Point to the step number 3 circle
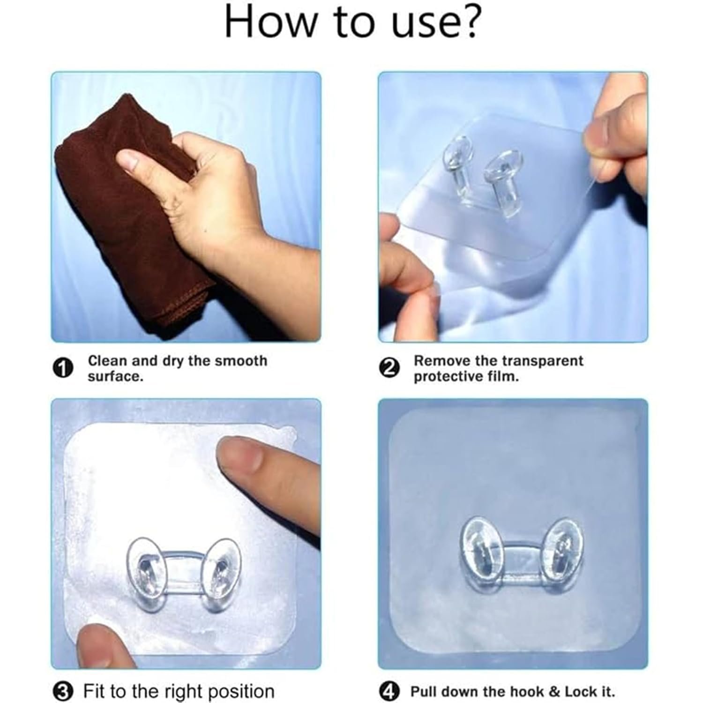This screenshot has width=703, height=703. coord(63,691)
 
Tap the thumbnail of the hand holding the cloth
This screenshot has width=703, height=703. coord(186,207)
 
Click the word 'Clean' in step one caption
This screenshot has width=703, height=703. coord(107,361)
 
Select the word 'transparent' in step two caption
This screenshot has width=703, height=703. coord(543,361)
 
